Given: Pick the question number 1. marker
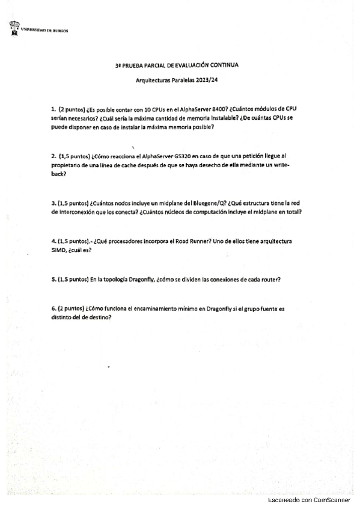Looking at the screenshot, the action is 53,109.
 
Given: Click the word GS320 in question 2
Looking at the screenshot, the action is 182,156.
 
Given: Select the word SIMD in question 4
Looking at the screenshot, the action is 61,250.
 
